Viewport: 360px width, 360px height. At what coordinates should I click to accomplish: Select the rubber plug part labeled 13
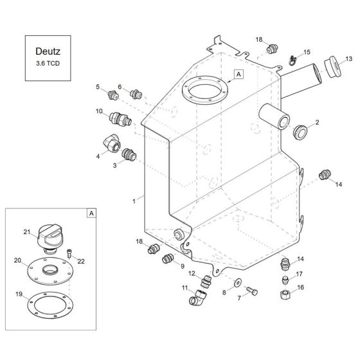tap(332, 68)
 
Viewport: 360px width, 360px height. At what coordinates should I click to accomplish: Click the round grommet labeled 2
tap(300, 132)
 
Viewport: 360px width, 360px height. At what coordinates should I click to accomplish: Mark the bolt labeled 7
tap(253, 293)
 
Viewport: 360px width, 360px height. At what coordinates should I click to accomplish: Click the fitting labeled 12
tap(206, 281)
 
